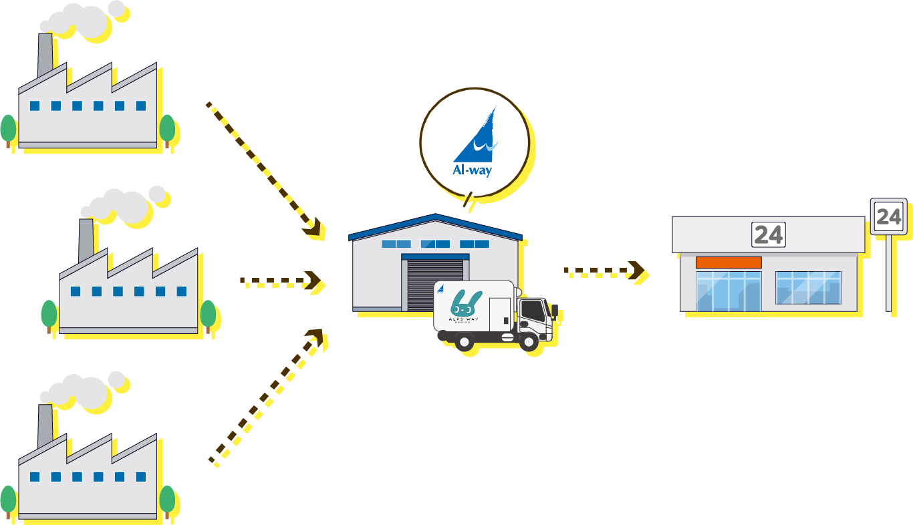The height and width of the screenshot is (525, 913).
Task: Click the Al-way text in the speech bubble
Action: click(472, 170)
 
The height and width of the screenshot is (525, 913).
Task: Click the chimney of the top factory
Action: click(45, 55)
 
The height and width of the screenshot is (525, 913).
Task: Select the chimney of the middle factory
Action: click(86, 240)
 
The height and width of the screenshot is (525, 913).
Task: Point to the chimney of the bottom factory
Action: click(45, 427)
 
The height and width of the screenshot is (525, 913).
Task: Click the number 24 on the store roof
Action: click(768, 235)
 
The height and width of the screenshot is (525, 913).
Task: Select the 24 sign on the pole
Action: click(888, 216)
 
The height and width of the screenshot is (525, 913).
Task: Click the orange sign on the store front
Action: click(729, 262)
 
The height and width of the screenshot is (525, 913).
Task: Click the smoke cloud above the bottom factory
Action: click(84, 387)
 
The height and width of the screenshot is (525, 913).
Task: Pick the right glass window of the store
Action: click(807, 288)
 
